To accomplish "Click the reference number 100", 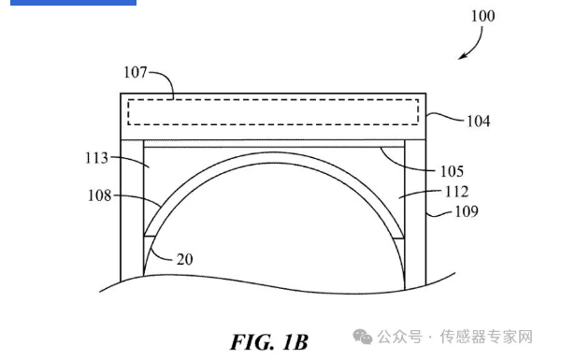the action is tap(482, 16).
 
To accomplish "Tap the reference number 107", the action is tap(136, 72).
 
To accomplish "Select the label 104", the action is tap(478, 122).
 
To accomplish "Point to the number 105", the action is tap(452, 171).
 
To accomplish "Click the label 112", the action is tap(456, 192).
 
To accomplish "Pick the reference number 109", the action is tap(467, 211).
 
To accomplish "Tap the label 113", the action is tap(96, 158).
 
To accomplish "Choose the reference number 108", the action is tap(99, 195).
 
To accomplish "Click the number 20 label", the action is tap(184, 259).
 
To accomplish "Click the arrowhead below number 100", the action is tap(463, 56).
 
